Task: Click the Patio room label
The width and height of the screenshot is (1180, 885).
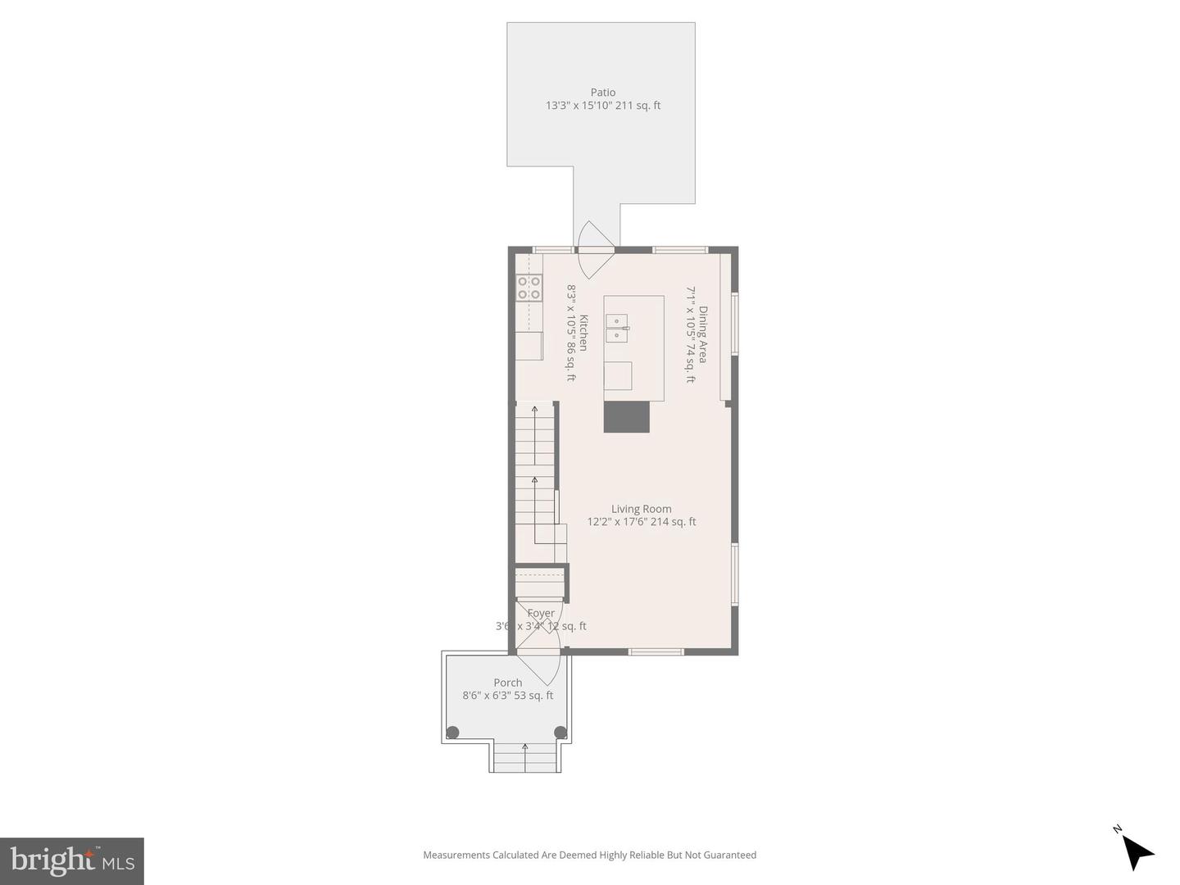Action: (x=602, y=93)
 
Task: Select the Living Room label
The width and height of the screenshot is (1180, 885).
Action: (x=641, y=509)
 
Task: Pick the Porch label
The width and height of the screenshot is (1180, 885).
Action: (x=507, y=683)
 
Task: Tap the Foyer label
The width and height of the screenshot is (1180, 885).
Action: (x=541, y=613)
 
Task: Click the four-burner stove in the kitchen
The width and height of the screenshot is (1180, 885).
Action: (x=529, y=288)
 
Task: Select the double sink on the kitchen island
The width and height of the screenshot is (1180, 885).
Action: (x=616, y=328)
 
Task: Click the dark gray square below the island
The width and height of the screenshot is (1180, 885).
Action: (x=627, y=416)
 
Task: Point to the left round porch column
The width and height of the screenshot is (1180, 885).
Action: (x=452, y=733)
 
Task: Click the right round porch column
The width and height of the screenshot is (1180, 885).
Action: (x=560, y=733)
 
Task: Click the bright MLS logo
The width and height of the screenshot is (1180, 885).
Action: (x=72, y=860)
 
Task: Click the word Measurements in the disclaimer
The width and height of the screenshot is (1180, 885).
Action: (x=456, y=855)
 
